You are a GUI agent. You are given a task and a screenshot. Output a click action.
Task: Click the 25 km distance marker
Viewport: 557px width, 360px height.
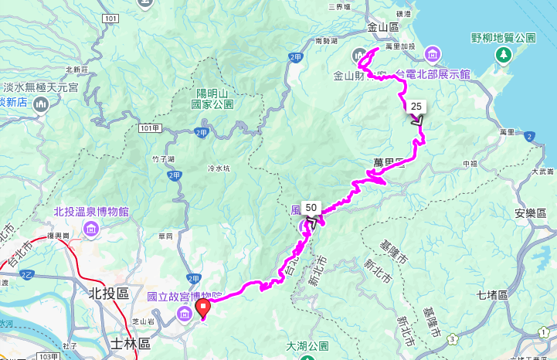pyautogui.click(x=416, y=107)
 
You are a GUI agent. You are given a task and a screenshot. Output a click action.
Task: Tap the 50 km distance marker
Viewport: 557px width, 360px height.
pyautogui.click(x=311, y=208)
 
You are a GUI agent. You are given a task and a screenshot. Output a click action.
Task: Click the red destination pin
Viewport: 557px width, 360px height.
pyautogui.click(x=203, y=309)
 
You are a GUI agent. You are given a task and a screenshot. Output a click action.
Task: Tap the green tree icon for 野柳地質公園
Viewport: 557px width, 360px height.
pyautogui.click(x=504, y=54)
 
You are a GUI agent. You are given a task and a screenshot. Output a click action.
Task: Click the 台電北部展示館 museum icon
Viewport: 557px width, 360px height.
pyautogui.click(x=433, y=54)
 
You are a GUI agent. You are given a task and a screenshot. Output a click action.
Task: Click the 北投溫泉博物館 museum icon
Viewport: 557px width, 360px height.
pyautogui.click(x=91, y=229)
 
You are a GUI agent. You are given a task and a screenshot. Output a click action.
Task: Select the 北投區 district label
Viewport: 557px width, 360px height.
pyautogui.click(x=107, y=293)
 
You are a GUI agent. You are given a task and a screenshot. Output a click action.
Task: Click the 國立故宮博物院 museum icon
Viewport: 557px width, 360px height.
pyautogui.click(x=185, y=313)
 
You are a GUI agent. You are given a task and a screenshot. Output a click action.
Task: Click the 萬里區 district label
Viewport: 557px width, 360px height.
pyautogui.click(x=385, y=163)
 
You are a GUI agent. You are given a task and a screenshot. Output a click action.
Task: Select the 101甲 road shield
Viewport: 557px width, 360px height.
pyautogui.click(x=151, y=127)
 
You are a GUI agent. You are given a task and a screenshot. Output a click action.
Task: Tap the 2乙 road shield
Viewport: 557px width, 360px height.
pyautogui.click(x=28, y=274)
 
